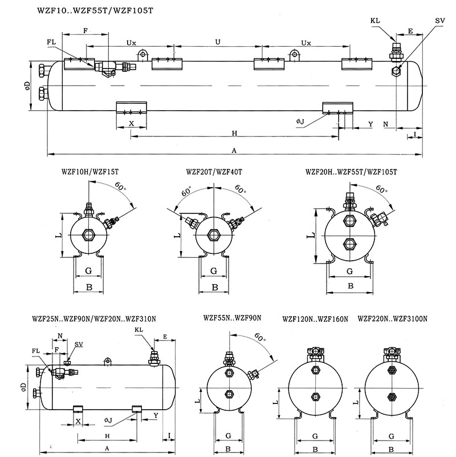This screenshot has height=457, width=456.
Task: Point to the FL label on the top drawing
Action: coord(52,42)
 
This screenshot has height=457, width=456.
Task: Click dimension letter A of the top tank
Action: coord(234,151)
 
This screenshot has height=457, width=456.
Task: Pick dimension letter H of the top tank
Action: coord(234,133)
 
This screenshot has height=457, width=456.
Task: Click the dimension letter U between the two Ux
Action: coord(217,42)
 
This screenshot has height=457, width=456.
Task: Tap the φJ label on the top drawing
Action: coord(300,122)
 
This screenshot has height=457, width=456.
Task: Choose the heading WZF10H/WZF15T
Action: coord(89,171)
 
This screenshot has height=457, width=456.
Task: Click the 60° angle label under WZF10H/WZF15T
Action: coord(120,185)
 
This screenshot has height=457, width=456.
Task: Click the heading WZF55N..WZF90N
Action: coord(232,317)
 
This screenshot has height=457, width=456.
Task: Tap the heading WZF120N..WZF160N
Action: coord(315,319)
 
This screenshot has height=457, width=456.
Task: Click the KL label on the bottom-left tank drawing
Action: coord(139,330)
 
